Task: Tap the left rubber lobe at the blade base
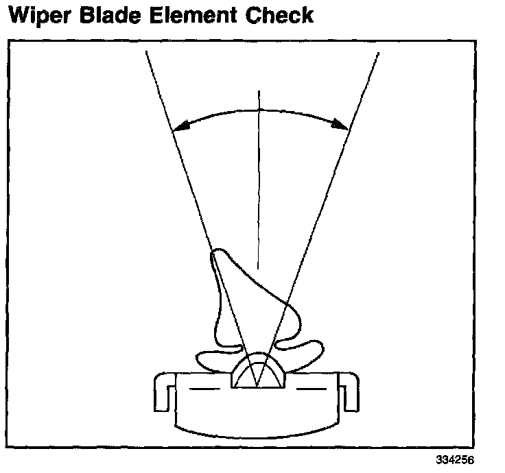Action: [213, 358]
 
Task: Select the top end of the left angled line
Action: [146, 52]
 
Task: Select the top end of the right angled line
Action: [378, 52]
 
